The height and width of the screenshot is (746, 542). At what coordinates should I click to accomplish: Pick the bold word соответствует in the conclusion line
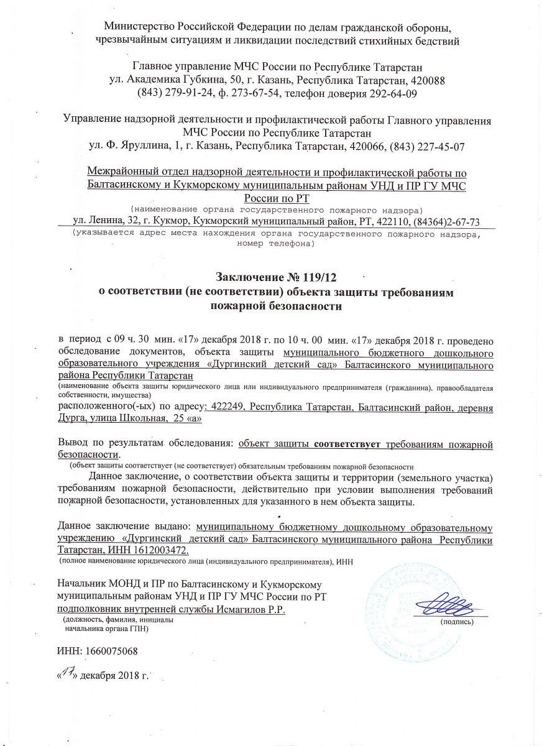click(349, 444)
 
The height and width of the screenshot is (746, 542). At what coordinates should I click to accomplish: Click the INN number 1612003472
click(162, 551)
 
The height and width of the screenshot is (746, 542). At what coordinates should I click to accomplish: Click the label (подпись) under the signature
click(456, 622)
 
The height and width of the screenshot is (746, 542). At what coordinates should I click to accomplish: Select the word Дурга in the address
click(73, 420)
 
